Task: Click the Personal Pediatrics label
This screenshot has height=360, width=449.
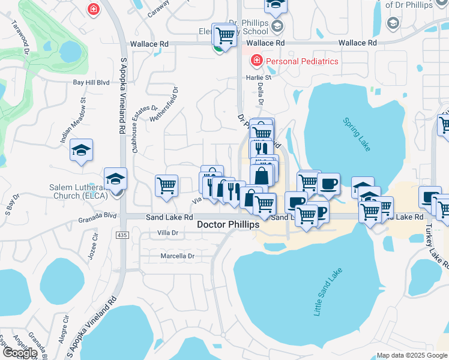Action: click(x=302, y=61)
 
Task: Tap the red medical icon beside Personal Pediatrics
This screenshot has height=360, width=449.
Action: click(x=256, y=61)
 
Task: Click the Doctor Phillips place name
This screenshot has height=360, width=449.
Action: click(x=228, y=224)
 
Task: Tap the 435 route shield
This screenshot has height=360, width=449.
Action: click(x=122, y=235)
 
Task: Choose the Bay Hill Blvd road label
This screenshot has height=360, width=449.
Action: click(x=91, y=82)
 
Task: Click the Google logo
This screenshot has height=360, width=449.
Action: click(x=20, y=353)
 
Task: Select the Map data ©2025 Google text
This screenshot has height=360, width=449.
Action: click(x=411, y=355)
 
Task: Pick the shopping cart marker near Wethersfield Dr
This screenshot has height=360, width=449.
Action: click(x=166, y=185)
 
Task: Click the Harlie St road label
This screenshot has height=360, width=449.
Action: click(x=259, y=77)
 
